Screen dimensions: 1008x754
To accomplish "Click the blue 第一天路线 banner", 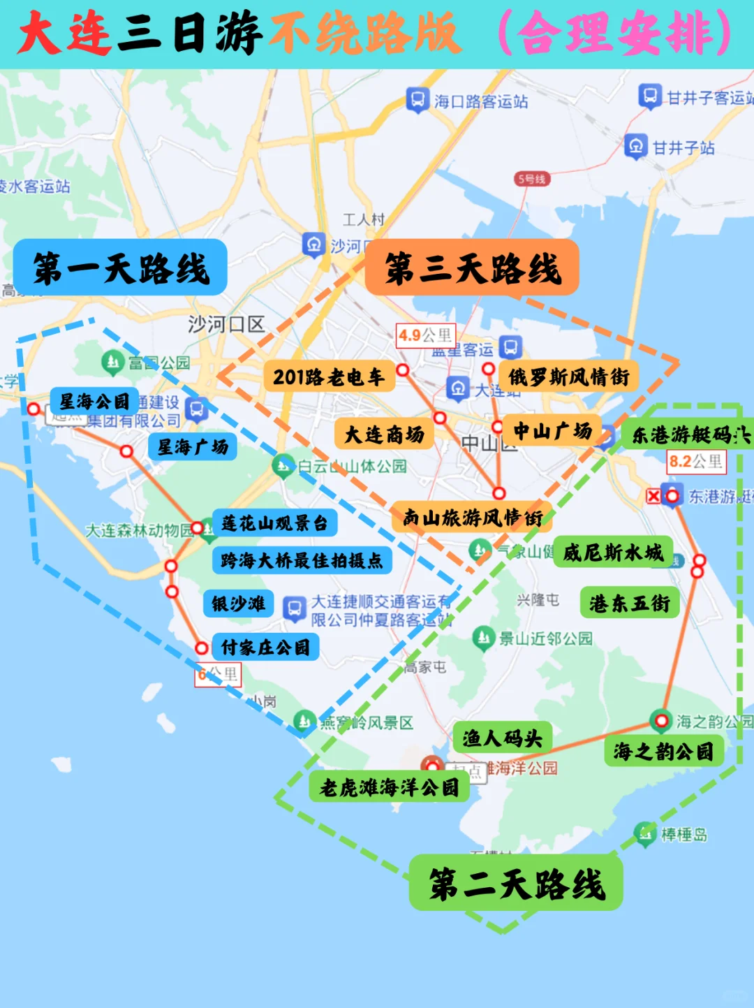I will click(120, 268).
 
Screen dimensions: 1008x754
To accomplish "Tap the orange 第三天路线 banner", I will click(472, 268).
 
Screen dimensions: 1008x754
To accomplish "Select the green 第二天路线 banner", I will click(516, 883).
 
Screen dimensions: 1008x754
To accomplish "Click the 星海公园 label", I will click(94, 401).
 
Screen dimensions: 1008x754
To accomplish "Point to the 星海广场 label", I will click(193, 446).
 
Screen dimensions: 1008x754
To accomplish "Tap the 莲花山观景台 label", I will click(274, 523).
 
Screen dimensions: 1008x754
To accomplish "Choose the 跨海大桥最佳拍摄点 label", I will click(302, 560).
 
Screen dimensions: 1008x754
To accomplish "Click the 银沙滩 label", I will click(238, 604).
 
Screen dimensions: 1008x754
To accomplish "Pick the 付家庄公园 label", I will click(265, 647).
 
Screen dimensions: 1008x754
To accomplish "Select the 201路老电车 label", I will click(329, 377).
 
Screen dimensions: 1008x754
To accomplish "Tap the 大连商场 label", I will click(385, 434).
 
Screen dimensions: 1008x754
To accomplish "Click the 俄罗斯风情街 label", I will click(568, 377).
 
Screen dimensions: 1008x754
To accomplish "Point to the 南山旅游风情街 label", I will click(472, 517).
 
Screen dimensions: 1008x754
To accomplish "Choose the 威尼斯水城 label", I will click(613, 552).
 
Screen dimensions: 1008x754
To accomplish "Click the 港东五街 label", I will click(629, 603).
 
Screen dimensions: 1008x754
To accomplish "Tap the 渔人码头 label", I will click(503, 737).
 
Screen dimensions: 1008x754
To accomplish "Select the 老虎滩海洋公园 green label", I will click(389, 787).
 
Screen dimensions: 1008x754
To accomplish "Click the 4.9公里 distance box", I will click(425, 335).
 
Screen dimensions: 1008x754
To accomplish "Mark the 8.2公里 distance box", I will click(696, 461).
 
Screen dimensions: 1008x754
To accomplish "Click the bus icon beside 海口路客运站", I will click(417, 100).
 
